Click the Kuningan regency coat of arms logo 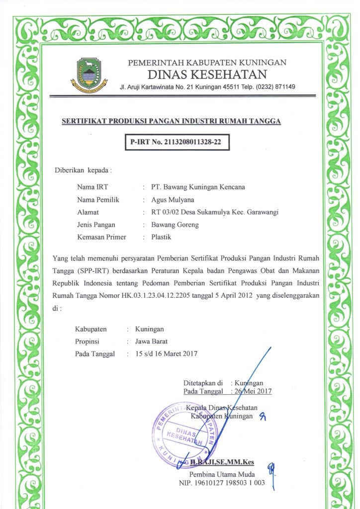point(91,74)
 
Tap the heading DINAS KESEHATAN point(207,75)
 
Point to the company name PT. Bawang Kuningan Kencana point(198,187)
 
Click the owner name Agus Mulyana point(173,200)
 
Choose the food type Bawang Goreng point(175,225)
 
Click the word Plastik point(161,237)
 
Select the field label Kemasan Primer point(101,237)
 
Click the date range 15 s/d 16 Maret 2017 point(163,354)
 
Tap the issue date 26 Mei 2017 point(254,391)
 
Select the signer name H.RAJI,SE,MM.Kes point(225,463)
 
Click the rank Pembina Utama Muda point(222,474)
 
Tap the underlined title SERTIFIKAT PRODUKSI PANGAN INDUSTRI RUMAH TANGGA point(171,121)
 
